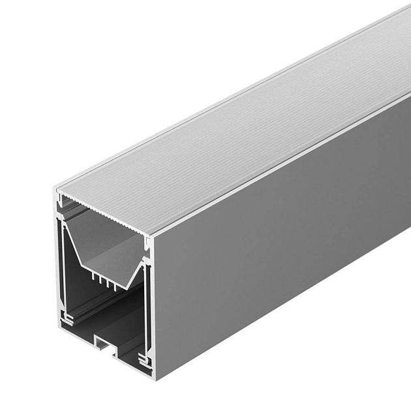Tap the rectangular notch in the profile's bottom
point(104,343)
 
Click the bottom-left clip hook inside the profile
point(67,319)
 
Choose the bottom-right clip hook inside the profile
point(144,358)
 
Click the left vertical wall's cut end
point(58,261)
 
